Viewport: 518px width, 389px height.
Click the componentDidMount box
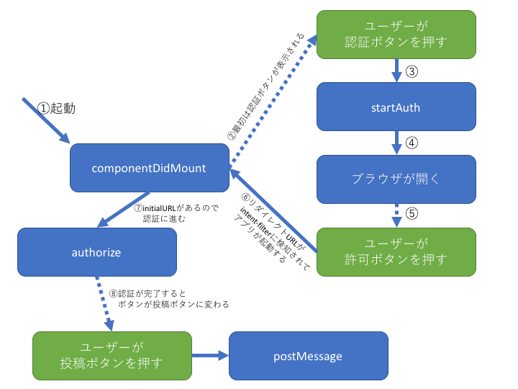(149, 169)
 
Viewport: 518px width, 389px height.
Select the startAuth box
(396, 107)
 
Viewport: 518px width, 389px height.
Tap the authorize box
(96, 252)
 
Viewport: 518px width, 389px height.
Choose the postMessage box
(308, 356)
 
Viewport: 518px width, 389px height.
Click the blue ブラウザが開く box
(396, 179)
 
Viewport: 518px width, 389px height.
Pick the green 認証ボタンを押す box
(396, 34)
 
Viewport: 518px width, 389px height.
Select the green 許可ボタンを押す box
(396, 251)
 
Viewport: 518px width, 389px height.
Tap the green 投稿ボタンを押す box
(112, 356)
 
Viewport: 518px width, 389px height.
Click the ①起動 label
(56, 108)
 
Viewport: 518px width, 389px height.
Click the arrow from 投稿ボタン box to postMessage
(210, 356)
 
